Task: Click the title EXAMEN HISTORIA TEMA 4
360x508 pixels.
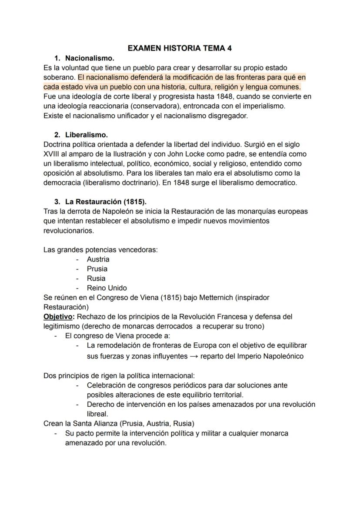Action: click(x=180, y=49)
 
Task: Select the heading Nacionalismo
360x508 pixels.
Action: click(x=90, y=58)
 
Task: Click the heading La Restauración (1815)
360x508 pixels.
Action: click(x=106, y=202)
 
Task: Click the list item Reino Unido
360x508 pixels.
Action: click(x=107, y=288)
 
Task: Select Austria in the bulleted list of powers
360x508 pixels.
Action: click(x=98, y=259)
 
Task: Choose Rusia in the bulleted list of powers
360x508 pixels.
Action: click(x=96, y=279)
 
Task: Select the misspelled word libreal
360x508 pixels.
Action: click(x=97, y=414)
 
